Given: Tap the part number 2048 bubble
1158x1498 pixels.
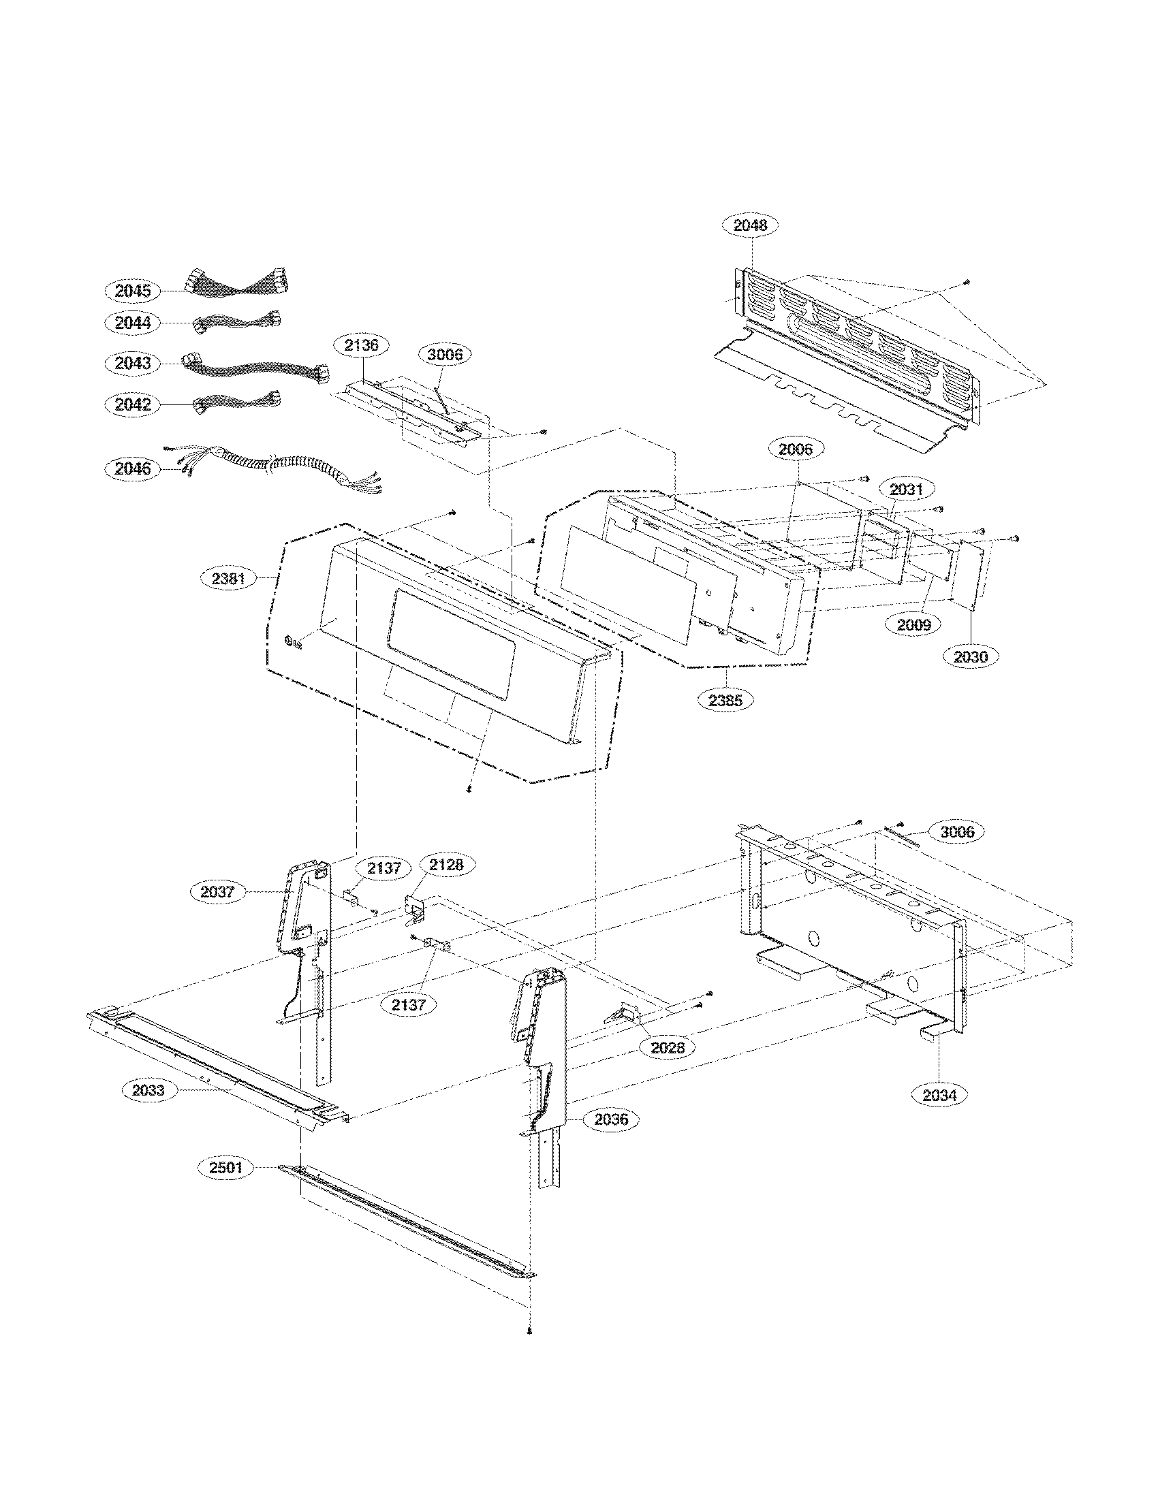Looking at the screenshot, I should [750, 225].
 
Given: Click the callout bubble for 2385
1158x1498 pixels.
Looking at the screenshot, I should [726, 700].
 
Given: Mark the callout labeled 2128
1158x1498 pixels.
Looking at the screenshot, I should [447, 865].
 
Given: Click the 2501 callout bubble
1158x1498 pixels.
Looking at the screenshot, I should [225, 1167].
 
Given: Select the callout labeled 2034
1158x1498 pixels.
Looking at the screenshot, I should [939, 1096].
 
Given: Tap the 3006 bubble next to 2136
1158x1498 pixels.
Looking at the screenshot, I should [445, 355].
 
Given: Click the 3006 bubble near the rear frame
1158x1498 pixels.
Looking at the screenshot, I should [956, 832].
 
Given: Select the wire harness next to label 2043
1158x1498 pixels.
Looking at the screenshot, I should [254, 367].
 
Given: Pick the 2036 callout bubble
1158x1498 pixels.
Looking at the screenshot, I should [610, 1119].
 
